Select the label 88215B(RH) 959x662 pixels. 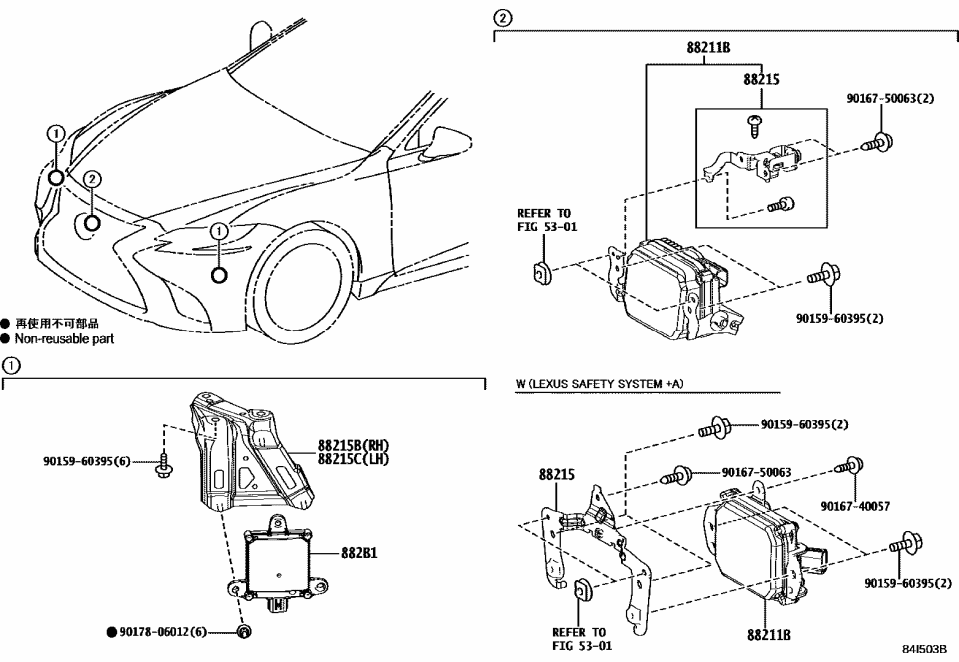click(353, 445)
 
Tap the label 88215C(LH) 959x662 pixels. click(353, 459)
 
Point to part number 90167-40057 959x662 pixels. click(854, 506)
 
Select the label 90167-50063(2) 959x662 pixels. click(889, 98)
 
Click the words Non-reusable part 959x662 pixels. click(64, 339)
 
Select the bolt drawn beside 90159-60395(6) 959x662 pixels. click(164, 463)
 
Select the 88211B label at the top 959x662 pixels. click(708, 47)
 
